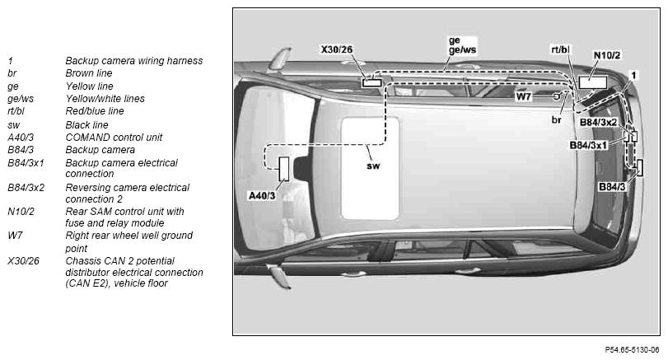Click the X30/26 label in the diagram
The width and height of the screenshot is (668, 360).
(x=337, y=49)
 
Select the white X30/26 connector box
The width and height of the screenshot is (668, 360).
(x=371, y=82)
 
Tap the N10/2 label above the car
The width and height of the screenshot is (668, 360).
(x=607, y=55)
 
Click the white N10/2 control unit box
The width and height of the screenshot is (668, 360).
(x=592, y=82)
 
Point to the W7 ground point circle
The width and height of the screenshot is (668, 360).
(x=556, y=96)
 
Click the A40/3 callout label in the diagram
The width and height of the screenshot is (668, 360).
(x=262, y=195)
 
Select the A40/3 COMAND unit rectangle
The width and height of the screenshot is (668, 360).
(x=283, y=169)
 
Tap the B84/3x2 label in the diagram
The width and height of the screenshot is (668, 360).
(x=598, y=122)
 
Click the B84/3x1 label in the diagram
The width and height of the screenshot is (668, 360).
(x=588, y=145)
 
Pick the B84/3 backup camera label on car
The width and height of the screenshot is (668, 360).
(x=612, y=187)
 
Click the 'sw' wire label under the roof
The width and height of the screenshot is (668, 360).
(x=373, y=166)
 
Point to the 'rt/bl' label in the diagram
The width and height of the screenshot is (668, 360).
(x=560, y=49)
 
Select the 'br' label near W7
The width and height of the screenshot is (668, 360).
(x=556, y=119)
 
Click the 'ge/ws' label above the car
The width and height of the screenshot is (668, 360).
(x=462, y=50)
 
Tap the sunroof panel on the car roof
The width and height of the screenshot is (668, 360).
(x=370, y=168)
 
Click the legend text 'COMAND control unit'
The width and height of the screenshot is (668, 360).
(x=114, y=138)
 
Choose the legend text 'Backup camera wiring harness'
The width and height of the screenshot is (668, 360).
(x=133, y=60)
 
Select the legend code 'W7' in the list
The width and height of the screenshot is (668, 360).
(x=15, y=235)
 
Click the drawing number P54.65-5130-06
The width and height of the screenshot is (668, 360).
(x=632, y=350)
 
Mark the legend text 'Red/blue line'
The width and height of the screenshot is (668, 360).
(x=95, y=110)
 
